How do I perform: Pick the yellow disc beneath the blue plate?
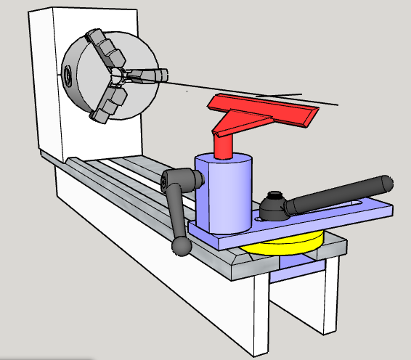coord(290,243)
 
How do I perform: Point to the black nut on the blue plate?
coord(274,207)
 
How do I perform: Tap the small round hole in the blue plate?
coord(258,216)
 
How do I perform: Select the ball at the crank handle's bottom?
coord(182,246)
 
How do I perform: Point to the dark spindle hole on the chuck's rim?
coord(68,73)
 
